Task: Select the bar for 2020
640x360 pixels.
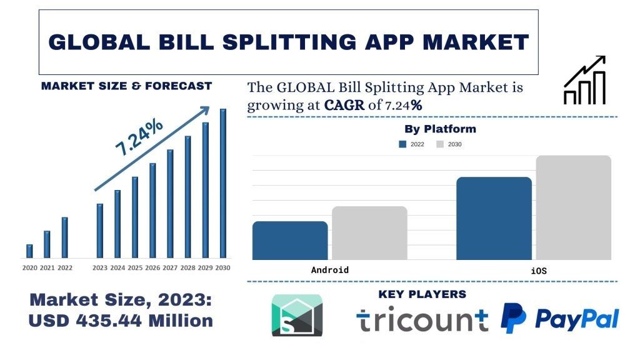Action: tap(29, 251)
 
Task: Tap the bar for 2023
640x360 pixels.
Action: tap(99, 231)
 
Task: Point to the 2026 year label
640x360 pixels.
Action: tap(152, 268)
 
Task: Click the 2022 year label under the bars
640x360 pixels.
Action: tap(65, 268)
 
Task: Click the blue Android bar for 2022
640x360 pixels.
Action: tap(290, 241)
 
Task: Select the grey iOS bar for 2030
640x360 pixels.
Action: tap(573, 207)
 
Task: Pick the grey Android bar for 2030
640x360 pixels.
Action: tap(369, 233)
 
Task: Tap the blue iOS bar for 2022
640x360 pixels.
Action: tap(494, 218)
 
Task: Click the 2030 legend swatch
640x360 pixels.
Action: tap(440, 144)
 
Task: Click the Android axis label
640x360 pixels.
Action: tap(329, 270)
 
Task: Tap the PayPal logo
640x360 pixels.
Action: tap(559, 318)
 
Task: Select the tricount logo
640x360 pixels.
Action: tap(422, 319)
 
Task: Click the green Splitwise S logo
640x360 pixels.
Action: tap(297, 315)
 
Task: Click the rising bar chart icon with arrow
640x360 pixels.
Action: tap(584, 80)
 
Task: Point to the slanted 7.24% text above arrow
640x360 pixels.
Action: tap(139, 136)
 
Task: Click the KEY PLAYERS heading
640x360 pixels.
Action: tap(422, 294)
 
